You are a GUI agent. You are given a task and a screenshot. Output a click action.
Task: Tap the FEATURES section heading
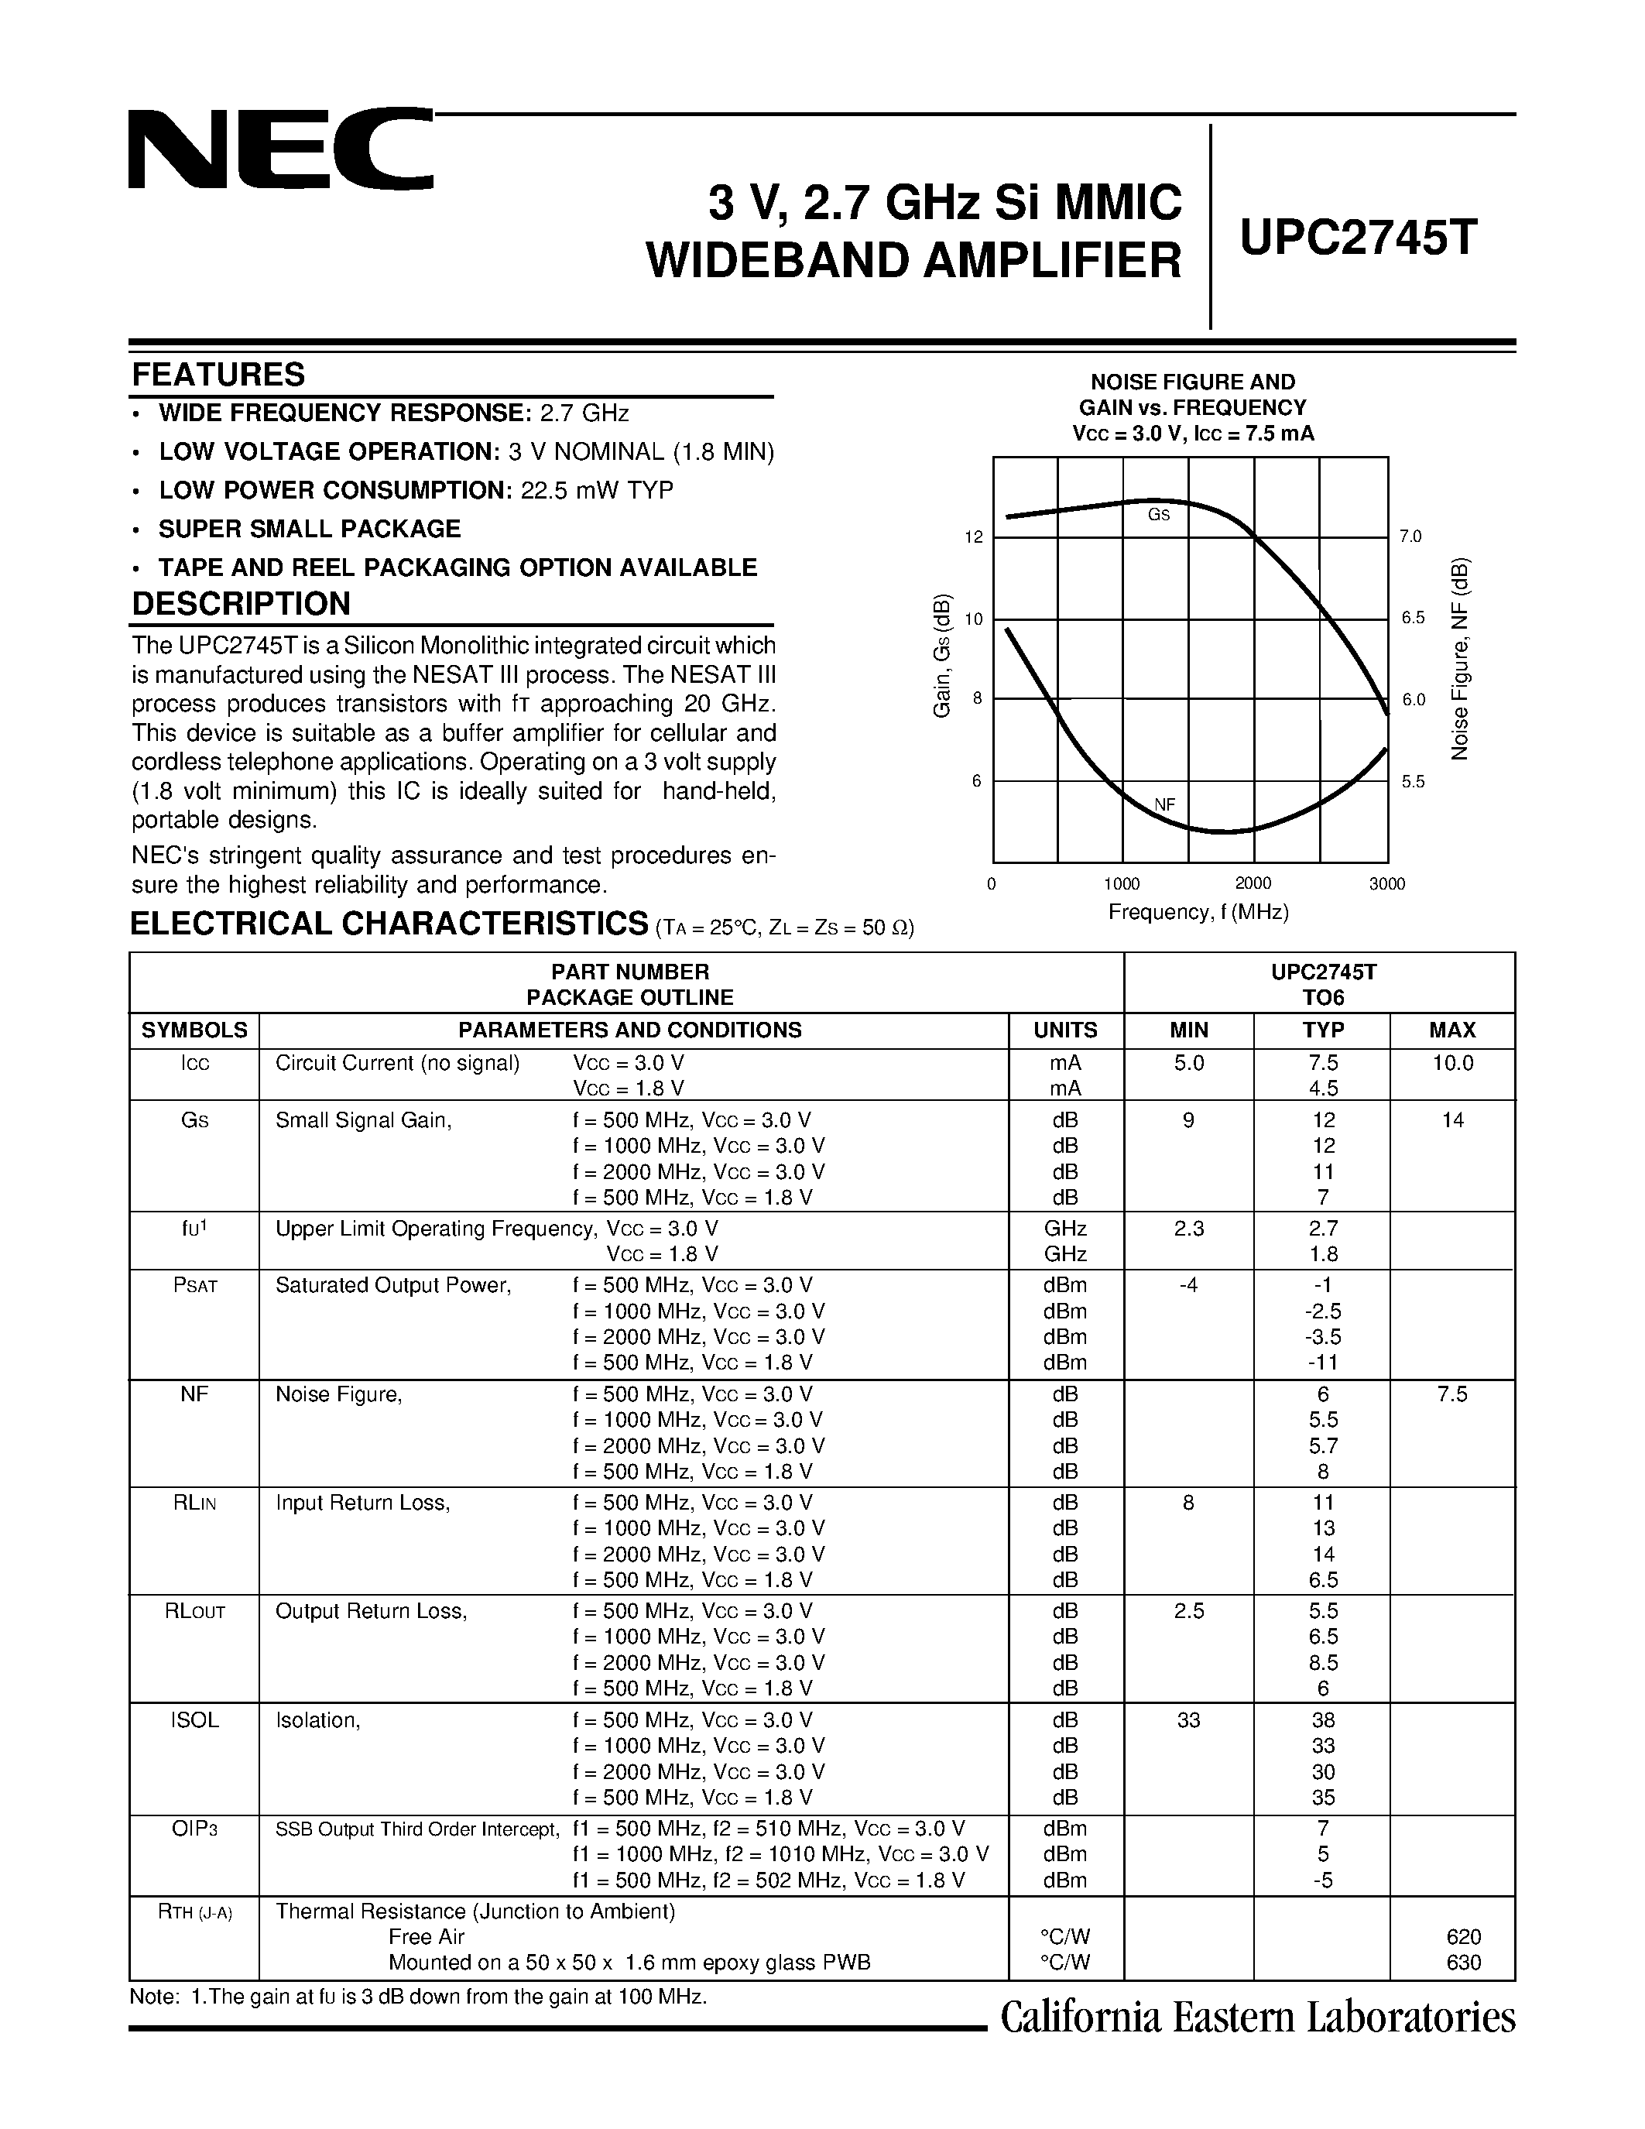pyautogui.click(x=218, y=375)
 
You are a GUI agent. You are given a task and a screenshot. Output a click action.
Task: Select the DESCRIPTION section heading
pyautogui.click(x=241, y=603)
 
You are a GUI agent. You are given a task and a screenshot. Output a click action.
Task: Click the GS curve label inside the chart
pyautogui.click(x=1158, y=515)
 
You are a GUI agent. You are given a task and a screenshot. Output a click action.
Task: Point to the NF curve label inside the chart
pyautogui.click(x=1164, y=804)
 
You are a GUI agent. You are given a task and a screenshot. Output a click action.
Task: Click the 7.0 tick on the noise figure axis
pyautogui.click(x=1410, y=537)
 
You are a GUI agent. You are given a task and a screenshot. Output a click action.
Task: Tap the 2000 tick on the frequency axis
pyautogui.click(x=1253, y=883)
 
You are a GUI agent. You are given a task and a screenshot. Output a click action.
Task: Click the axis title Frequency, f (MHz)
pyautogui.click(x=1198, y=913)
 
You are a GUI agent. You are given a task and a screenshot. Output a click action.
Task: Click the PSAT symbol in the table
pyautogui.click(x=194, y=1286)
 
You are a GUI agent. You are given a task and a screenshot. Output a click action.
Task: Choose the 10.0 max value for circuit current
pyautogui.click(x=1452, y=1064)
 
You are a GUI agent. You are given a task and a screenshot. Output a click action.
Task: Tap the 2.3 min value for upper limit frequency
pyautogui.click(x=1189, y=1229)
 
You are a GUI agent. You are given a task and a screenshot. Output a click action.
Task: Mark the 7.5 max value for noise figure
pyautogui.click(x=1452, y=1394)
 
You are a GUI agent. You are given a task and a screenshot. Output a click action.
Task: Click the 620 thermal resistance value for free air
pyautogui.click(x=1464, y=1936)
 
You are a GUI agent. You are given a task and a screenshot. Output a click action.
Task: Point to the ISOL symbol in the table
pyautogui.click(x=194, y=1720)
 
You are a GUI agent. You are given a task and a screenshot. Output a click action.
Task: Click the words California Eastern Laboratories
pyautogui.click(x=1257, y=2018)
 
